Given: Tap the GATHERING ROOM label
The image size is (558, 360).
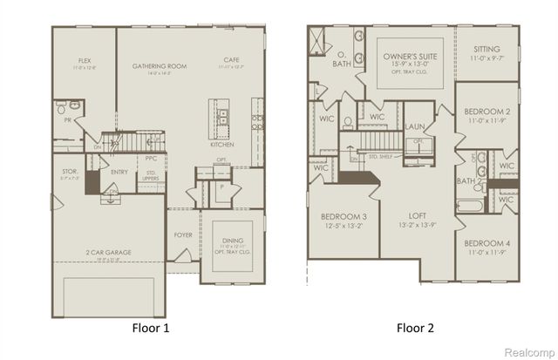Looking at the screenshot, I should (x=160, y=65).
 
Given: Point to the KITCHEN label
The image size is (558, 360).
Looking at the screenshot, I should (x=221, y=144).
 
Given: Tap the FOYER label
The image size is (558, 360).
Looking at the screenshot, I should (x=183, y=234).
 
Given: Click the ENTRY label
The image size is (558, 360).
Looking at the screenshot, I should (x=119, y=171).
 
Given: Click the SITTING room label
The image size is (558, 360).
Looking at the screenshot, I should (x=487, y=50).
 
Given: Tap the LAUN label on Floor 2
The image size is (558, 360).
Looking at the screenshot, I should (x=415, y=127).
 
